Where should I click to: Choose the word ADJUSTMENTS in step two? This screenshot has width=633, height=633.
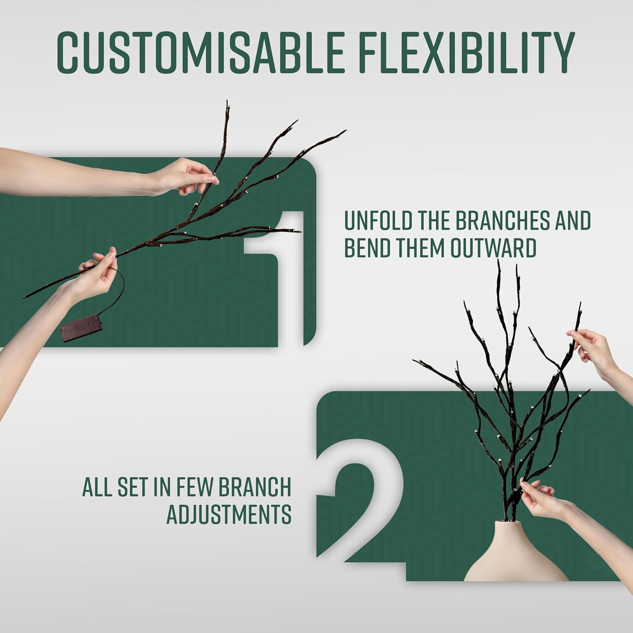(x=229, y=514)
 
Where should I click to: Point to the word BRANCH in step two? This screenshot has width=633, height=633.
(x=256, y=487)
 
